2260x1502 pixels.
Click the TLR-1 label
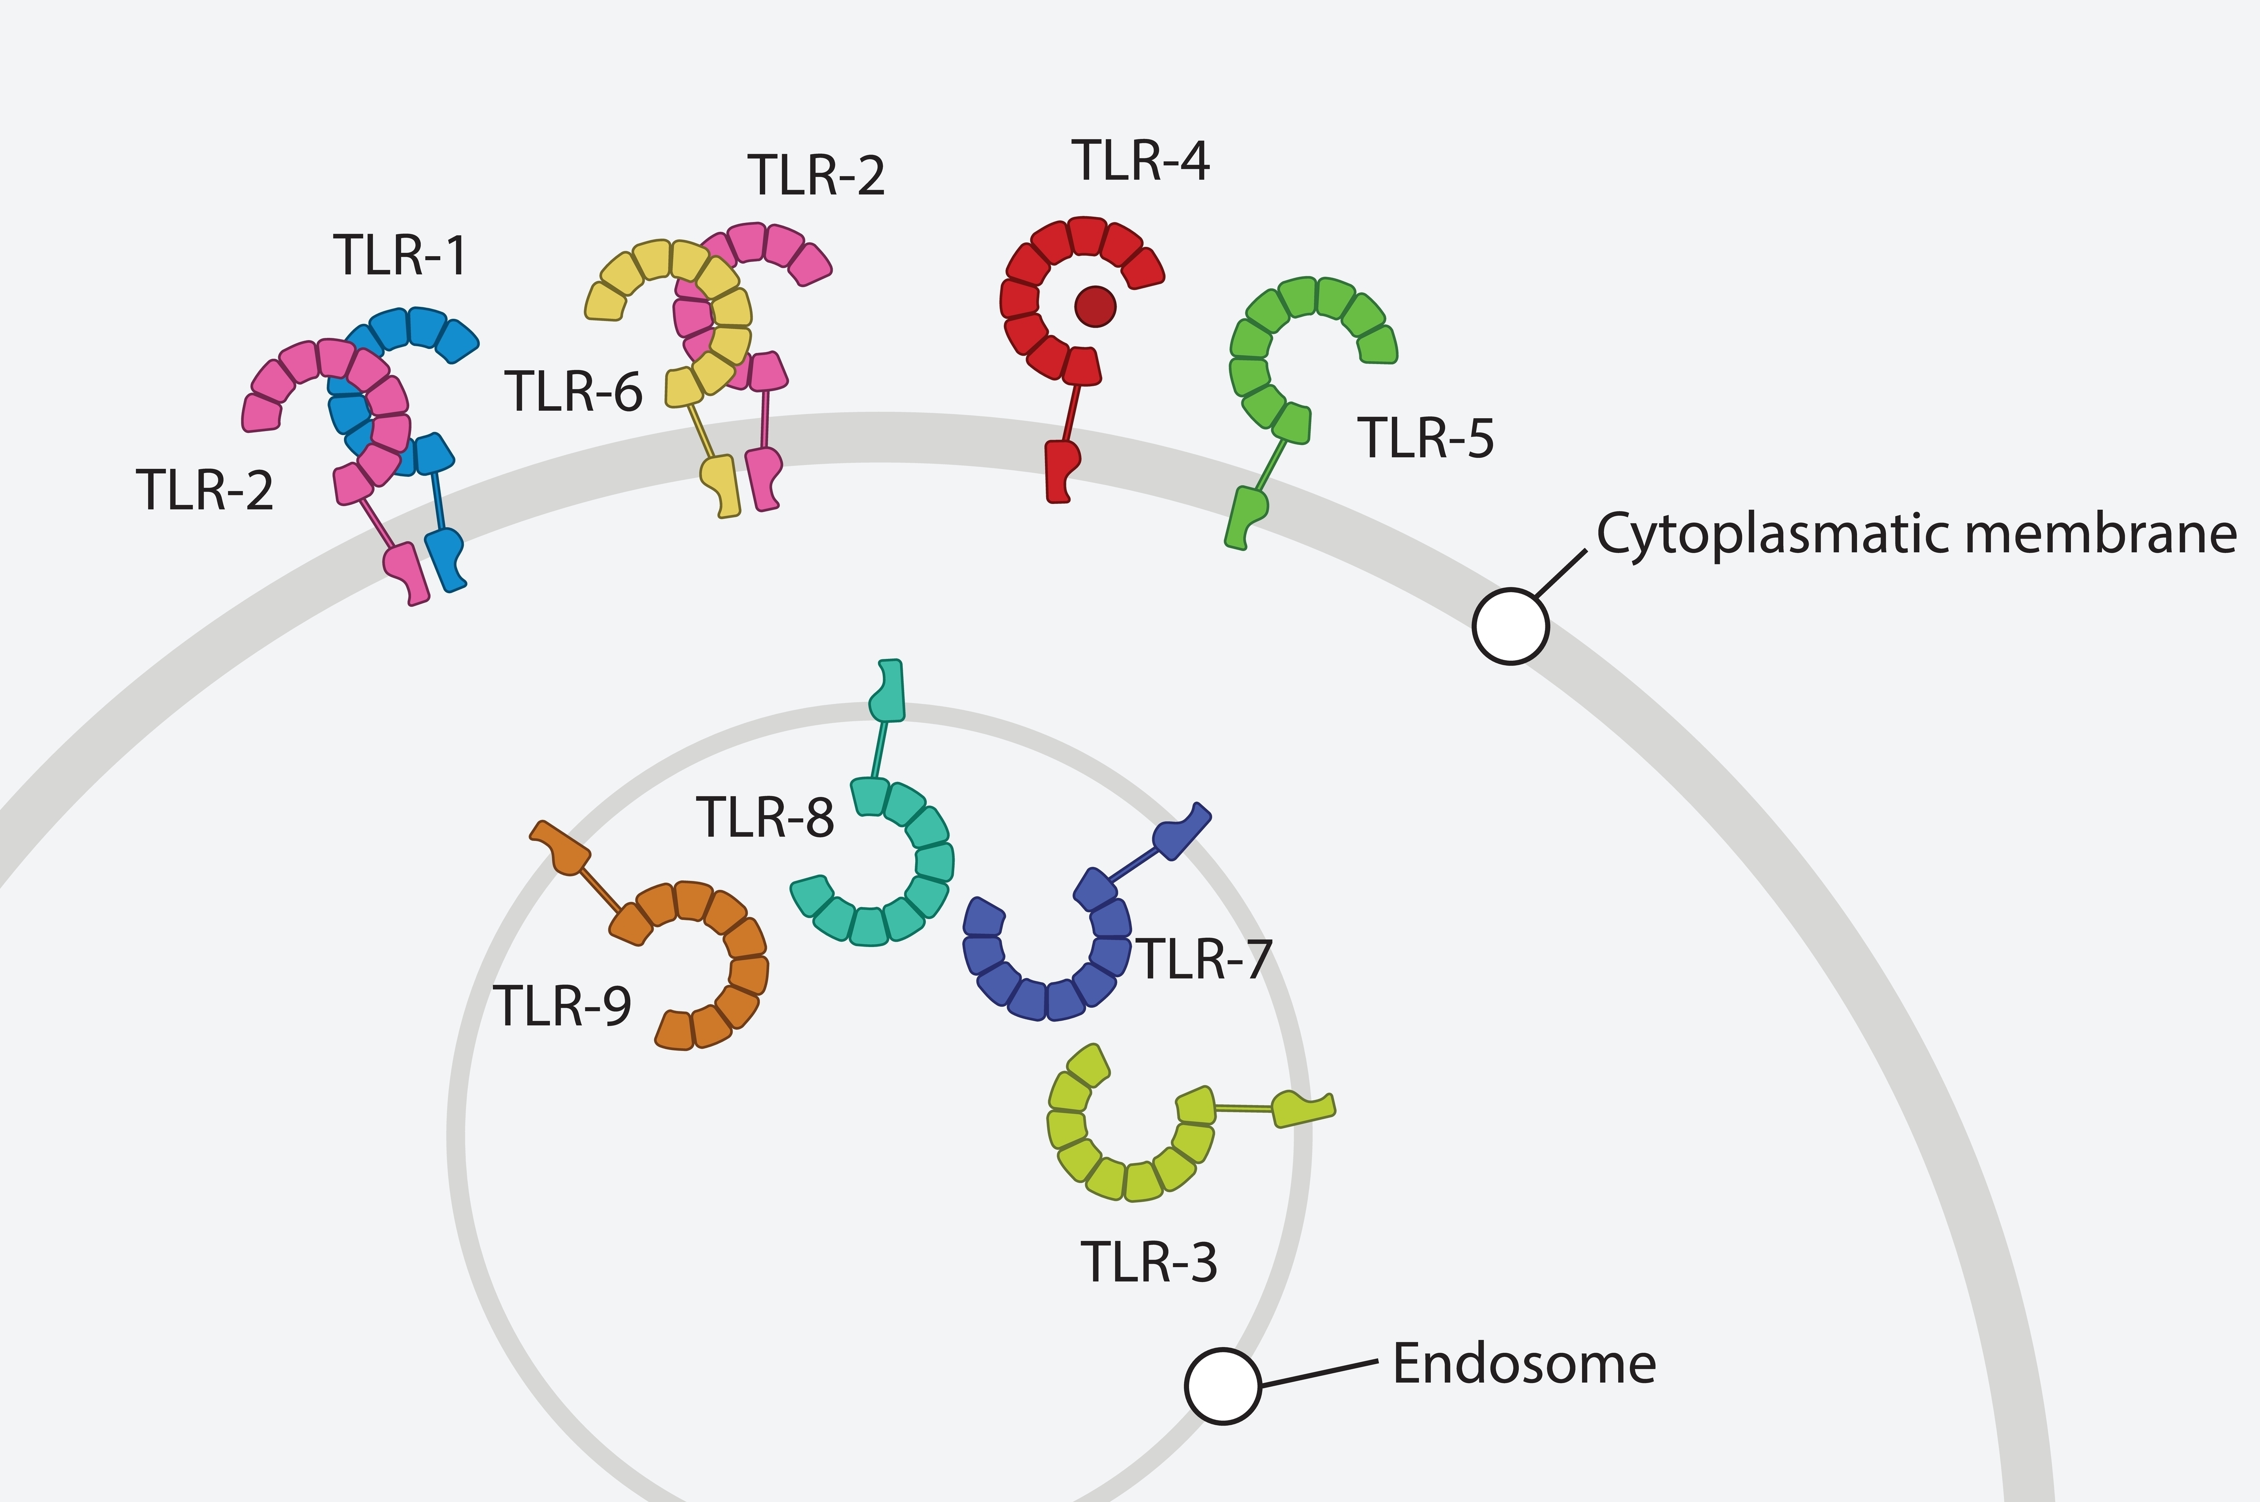[400, 256]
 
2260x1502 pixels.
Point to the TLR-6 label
[573, 392]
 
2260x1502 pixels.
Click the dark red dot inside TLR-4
[1094, 306]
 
